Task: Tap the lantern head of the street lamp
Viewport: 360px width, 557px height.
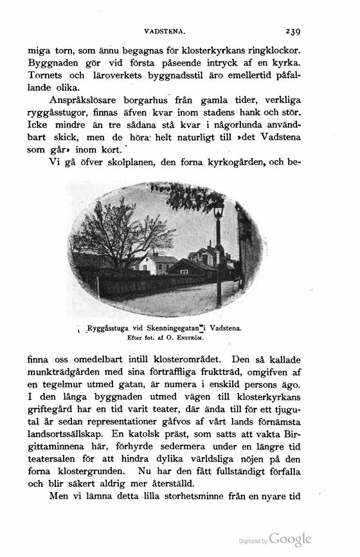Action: tap(219, 208)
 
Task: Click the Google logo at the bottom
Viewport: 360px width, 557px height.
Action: tap(290, 540)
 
